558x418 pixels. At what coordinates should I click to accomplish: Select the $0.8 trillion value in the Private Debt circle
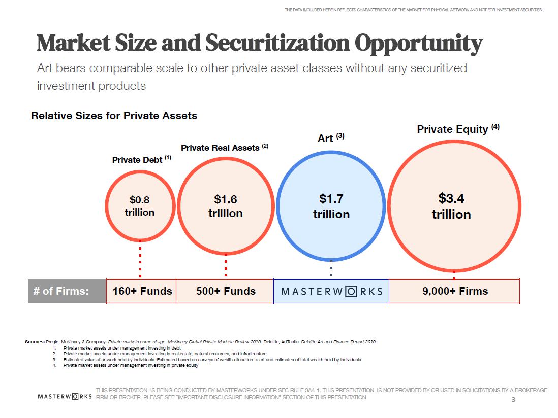140,206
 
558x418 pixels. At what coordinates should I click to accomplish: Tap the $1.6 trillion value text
225,206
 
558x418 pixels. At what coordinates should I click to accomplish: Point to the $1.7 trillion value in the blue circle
331,206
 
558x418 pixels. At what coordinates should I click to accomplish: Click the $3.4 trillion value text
451,205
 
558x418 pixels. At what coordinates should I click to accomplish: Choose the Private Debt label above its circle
139,160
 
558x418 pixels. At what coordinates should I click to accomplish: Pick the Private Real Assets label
221,148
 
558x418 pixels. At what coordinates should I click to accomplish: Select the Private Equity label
453,129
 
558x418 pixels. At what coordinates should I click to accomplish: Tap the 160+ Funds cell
142,291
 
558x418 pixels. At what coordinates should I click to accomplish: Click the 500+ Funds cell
226,291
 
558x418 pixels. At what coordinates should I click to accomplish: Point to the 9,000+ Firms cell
455,291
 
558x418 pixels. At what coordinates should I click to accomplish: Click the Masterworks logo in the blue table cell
331,292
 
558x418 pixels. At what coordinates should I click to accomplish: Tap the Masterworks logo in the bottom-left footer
65,396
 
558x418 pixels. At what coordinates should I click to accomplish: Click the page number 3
513,400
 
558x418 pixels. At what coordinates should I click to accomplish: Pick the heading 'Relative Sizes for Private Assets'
114,115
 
